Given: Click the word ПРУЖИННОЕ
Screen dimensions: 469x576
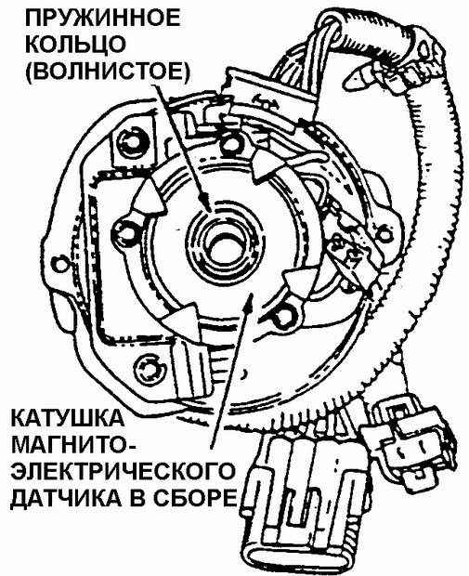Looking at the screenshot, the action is (x=103, y=19).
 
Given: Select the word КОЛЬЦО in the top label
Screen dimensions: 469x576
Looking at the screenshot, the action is (x=77, y=44).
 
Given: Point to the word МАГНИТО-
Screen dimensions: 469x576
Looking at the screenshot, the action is (x=73, y=444).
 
